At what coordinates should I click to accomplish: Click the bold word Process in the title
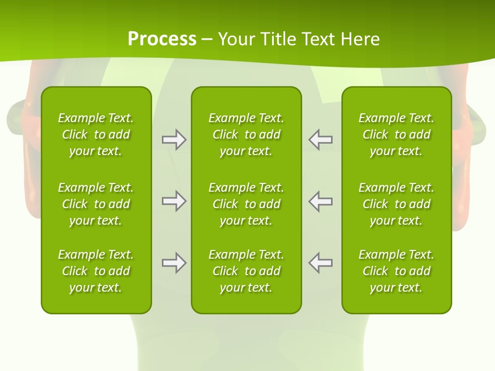coord(162,39)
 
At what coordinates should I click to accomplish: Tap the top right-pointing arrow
coord(174,140)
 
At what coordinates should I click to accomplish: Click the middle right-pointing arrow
coord(174,201)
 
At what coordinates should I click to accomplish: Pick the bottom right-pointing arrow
coord(174,263)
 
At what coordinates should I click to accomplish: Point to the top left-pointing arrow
coord(321,140)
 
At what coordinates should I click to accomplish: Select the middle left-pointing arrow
coord(321,201)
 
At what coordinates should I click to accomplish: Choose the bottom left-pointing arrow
coord(321,263)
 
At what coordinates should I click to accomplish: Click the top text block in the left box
coord(96,134)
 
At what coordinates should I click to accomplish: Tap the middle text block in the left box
coord(96,204)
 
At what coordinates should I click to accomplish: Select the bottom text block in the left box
coord(96,271)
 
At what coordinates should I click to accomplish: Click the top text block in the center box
coord(246,134)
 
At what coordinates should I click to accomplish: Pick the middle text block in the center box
coord(246,204)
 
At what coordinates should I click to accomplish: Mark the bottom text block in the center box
coord(246,271)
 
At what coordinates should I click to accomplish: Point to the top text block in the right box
coord(396,134)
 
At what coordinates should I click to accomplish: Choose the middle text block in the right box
coord(396,204)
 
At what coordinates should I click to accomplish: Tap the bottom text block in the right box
coord(396,271)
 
